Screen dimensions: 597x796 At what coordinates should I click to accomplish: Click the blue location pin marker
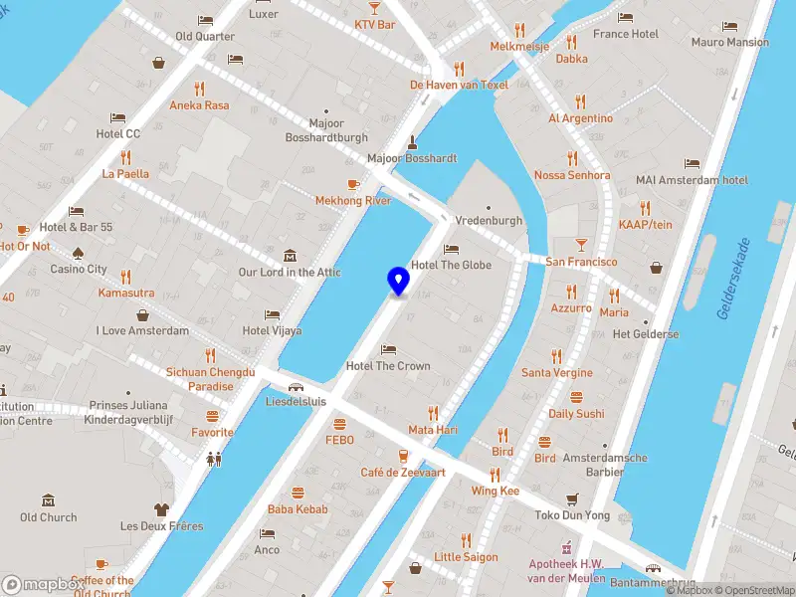(398, 281)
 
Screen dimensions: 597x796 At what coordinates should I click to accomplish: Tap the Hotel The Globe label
(451, 265)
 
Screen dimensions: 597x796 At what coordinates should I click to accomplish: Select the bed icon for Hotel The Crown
(388, 349)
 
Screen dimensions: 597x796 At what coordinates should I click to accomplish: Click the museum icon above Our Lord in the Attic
(290, 256)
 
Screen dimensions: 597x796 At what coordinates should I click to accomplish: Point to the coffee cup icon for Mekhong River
(352, 184)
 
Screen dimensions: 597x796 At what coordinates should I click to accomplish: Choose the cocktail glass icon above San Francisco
(581, 245)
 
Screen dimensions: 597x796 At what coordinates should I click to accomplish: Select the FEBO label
(339, 439)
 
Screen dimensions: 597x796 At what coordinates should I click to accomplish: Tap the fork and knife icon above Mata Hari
(433, 413)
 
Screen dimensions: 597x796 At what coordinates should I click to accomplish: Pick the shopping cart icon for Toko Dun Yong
(571, 498)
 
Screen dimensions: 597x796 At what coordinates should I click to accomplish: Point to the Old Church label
(48, 517)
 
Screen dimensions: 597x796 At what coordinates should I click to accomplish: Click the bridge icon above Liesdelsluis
(296, 387)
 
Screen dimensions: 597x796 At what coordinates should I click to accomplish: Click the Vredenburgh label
(488, 221)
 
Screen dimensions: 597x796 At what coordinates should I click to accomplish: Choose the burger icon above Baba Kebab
(298, 493)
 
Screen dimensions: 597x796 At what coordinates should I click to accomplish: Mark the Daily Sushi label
(576, 414)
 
